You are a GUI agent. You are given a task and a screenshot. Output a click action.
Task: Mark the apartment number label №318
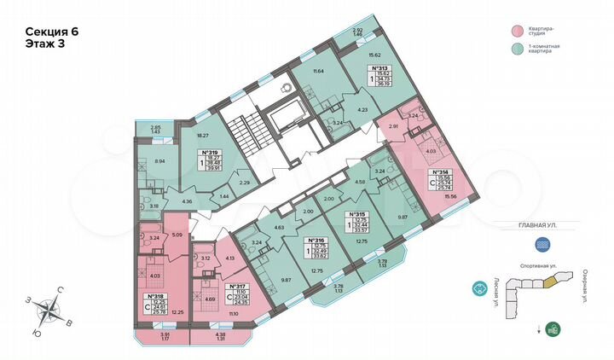tap(156, 296)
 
